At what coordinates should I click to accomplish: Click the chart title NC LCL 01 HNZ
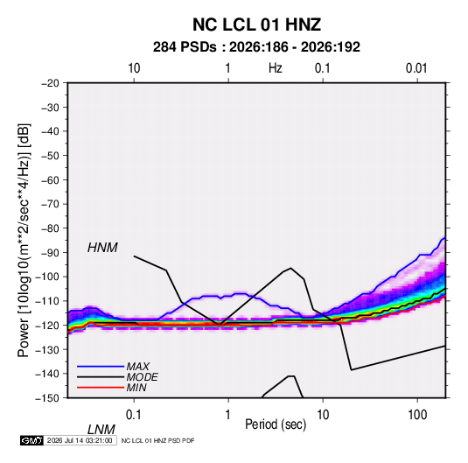pyautogui.click(x=256, y=25)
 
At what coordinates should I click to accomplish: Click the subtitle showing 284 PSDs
pyautogui.click(x=256, y=47)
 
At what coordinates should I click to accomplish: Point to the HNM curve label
pyautogui.click(x=102, y=248)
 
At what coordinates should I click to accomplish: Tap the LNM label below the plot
pyautogui.click(x=101, y=430)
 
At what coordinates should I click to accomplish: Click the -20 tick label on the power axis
pyautogui.click(x=50, y=83)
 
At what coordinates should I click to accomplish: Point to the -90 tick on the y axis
pyautogui.click(x=50, y=252)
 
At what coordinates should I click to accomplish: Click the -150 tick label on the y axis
pyautogui.click(x=47, y=398)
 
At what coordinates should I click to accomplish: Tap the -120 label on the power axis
pyautogui.click(x=47, y=325)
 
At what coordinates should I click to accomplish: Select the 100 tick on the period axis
pyautogui.click(x=417, y=415)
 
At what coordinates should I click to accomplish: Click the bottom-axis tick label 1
pyautogui.click(x=228, y=415)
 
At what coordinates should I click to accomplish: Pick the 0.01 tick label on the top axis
pyautogui.click(x=416, y=68)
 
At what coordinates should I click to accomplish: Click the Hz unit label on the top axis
pyautogui.click(x=275, y=68)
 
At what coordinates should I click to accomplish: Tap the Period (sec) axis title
pyautogui.click(x=276, y=424)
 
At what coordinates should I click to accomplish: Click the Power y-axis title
pyautogui.click(x=24, y=240)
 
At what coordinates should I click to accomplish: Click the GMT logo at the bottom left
pyautogui.click(x=31, y=440)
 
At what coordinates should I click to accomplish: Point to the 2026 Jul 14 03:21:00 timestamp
pyautogui.click(x=80, y=440)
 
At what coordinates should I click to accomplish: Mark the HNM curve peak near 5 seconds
pyautogui.click(x=290, y=268)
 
